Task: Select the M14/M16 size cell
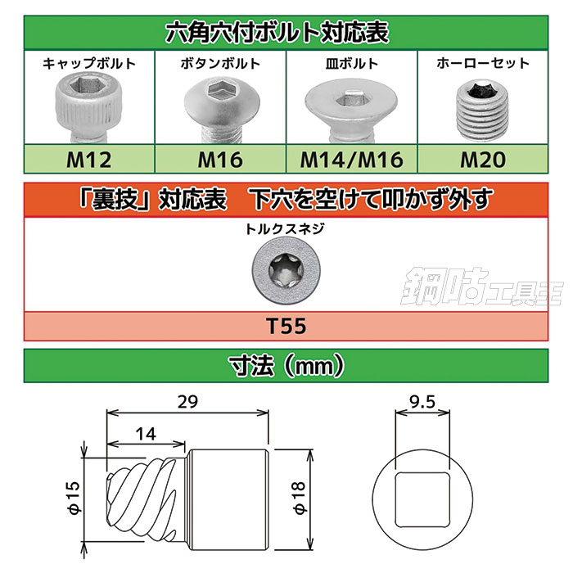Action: coord(351,158)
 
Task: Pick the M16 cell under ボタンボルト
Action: coord(220,158)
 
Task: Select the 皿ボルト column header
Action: coord(351,62)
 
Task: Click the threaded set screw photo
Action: coord(481,110)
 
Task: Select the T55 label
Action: coord(286,327)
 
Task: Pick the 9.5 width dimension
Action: coord(424,401)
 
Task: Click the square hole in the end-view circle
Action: coord(424,495)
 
